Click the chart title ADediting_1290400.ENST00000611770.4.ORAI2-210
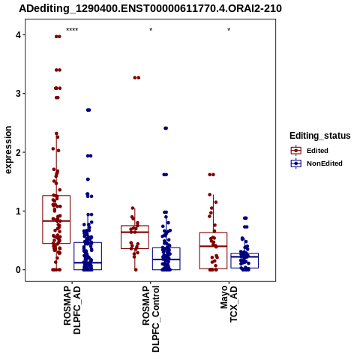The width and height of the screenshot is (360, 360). point(150,8)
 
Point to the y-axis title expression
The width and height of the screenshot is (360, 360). point(8,150)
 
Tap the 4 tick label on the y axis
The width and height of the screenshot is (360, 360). point(18,34)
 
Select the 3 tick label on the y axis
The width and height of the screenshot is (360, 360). point(18,94)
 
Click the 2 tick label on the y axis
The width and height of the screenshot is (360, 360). point(18,152)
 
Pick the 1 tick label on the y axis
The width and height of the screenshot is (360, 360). point(18,211)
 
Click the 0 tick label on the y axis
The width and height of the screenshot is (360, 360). point(18,270)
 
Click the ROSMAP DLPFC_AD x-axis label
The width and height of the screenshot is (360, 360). point(72,310)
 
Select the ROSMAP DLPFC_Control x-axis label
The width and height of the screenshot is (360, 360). point(151,319)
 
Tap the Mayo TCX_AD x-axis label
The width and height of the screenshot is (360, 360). point(229,304)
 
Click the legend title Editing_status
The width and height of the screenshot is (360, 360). point(320,136)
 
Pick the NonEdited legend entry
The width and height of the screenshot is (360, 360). point(316,163)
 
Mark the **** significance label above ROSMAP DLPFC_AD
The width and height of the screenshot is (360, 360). point(72,30)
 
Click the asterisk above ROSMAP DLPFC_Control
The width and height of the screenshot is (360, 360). point(151,29)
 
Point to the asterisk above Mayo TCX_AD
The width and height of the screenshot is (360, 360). point(229,29)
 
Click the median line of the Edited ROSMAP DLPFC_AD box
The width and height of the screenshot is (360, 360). point(56,221)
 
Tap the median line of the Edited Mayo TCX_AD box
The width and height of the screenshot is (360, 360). point(213,246)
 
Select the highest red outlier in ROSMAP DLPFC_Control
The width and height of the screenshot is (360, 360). point(136,78)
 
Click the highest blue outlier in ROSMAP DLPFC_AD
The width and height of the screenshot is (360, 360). point(88,110)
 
